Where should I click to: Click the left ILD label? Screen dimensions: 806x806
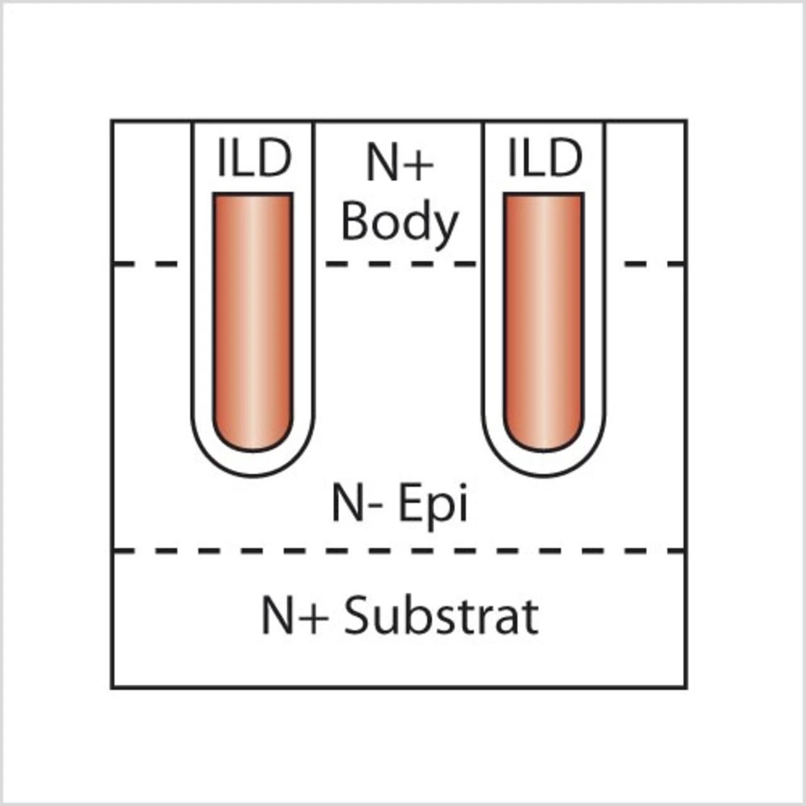pyautogui.click(x=253, y=158)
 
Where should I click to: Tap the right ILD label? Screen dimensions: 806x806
pyautogui.click(x=545, y=158)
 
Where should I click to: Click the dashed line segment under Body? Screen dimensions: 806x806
pyautogui.click(x=400, y=264)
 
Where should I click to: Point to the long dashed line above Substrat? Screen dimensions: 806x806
pyautogui.click(x=399, y=551)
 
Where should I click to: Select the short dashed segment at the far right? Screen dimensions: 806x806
pyautogui.click(x=654, y=264)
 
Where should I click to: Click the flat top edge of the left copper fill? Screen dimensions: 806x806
pyautogui.click(x=253, y=194)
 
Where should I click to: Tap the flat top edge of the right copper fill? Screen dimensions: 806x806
pyautogui.click(x=544, y=194)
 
